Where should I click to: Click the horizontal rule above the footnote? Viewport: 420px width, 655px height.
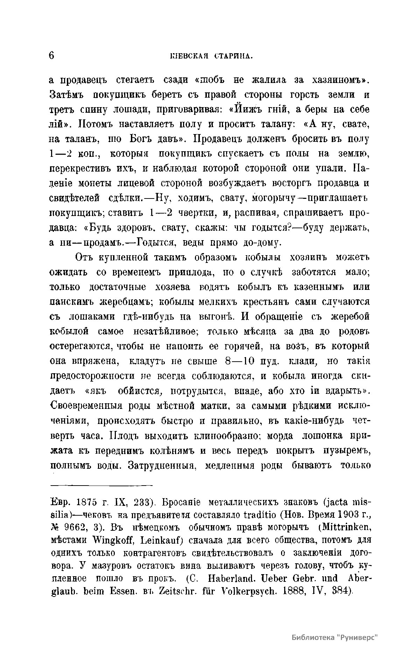click(x=101, y=485)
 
